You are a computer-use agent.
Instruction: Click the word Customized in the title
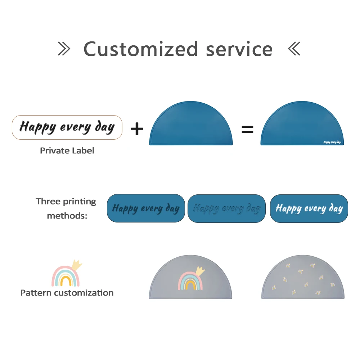point(141,49)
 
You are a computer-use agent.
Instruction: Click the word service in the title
point(239,50)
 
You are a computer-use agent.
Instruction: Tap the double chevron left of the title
point(64,49)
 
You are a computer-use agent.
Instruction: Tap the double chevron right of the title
point(294,49)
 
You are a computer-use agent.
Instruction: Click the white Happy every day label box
point(67,127)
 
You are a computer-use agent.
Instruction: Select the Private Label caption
point(67,150)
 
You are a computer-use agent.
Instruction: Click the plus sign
point(137,129)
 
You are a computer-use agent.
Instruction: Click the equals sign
point(247,129)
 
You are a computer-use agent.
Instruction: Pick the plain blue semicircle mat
point(191,124)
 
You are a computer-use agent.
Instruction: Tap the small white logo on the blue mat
point(332,142)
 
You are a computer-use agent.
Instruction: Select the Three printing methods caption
point(66,208)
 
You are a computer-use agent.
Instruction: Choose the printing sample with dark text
point(146,208)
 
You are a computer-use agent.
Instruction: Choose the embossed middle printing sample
point(226,208)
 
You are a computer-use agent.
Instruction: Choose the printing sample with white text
point(309,208)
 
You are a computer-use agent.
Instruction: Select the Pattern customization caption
point(67,293)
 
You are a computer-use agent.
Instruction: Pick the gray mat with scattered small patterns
point(302,279)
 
